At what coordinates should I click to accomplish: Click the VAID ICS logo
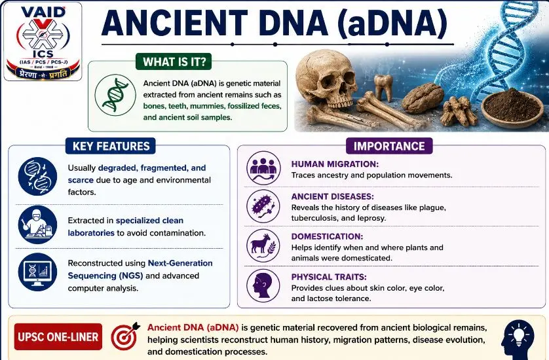click(43, 41)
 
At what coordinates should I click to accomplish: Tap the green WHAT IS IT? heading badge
click(174, 62)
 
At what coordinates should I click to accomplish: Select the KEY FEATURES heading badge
click(111, 146)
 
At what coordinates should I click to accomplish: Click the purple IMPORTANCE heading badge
click(389, 146)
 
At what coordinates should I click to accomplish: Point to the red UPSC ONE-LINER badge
click(58, 336)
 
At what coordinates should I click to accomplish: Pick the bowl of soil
click(512, 107)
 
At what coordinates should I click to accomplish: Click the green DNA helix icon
click(115, 94)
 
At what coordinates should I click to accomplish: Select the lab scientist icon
click(37, 225)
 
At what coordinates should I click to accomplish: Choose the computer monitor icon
click(37, 272)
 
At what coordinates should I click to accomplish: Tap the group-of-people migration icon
click(263, 168)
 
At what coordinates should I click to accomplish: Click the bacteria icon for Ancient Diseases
click(263, 206)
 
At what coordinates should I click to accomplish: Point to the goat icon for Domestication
click(263, 245)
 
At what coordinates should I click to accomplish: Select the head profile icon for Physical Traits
click(263, 285)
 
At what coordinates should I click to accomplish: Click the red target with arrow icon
click(125, 336)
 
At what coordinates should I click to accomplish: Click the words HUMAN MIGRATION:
click(335, 164)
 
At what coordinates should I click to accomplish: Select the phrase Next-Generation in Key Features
click(180, 263)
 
